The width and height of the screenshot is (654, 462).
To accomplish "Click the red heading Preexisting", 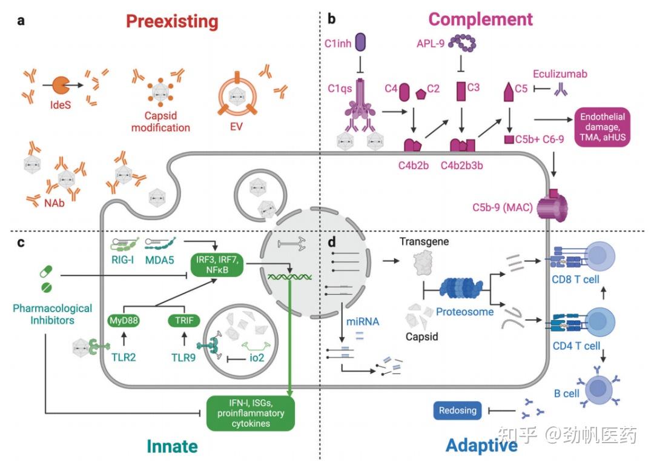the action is coord(172,21).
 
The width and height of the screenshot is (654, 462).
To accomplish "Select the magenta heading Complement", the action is coord(480,19).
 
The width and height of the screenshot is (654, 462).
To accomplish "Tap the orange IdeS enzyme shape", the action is coord(61,85).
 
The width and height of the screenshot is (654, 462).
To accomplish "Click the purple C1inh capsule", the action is coord(360,42).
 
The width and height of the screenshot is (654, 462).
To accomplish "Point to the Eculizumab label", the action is coord(560,74).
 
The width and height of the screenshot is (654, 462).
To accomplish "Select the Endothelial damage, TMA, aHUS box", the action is coord(603,127).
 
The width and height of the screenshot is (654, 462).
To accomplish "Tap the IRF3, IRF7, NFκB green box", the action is coord(217,265).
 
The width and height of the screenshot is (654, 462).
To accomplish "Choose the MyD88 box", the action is coord(124,320).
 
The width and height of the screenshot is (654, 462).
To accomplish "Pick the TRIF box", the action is coord(184,320).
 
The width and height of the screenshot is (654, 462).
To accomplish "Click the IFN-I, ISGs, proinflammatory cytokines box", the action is coord(251,413).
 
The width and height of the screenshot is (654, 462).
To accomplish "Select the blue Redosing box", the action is coord(458,410).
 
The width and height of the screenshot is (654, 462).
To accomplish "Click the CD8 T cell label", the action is coord(575,279).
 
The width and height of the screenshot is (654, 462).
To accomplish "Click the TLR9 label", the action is coord(183,358).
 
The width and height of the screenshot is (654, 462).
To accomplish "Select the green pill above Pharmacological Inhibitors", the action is coord(46,272).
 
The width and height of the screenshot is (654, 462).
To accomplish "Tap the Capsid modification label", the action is coord(160,121).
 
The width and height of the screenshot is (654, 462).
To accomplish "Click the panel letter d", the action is coord(332,241).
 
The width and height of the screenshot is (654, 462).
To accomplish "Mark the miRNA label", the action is coord(363,322).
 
